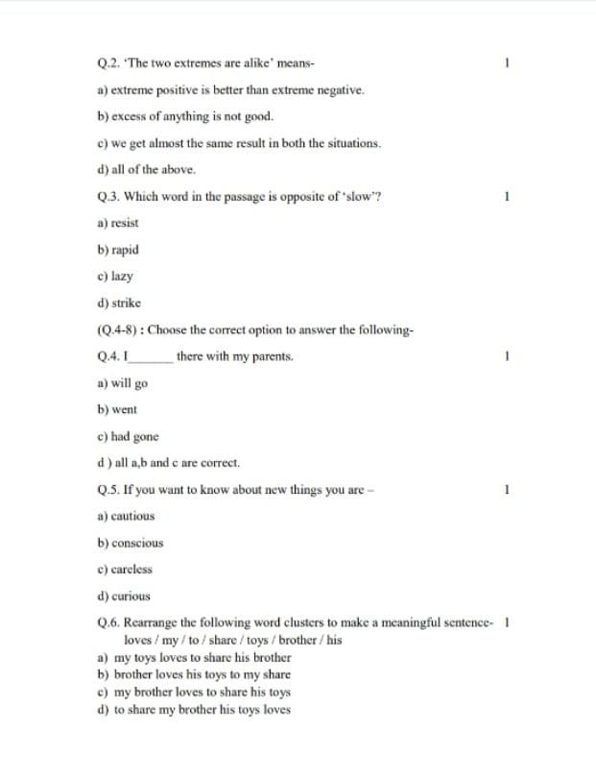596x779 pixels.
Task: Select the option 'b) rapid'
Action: pos(118,250)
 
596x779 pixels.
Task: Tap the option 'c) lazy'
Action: pos(115,276)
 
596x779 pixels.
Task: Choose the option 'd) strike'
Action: pos(118,303)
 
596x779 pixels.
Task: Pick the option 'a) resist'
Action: pos(118,223)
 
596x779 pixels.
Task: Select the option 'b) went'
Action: pos(117,409)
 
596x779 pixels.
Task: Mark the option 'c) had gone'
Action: pos(128,436)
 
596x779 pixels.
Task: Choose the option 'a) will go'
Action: pos(123,382)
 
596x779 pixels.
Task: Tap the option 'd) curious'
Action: pos(124,596)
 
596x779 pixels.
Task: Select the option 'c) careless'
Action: pos(125,569)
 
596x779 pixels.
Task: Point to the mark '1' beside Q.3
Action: pos(506,197)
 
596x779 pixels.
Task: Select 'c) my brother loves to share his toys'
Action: pos(195,693)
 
